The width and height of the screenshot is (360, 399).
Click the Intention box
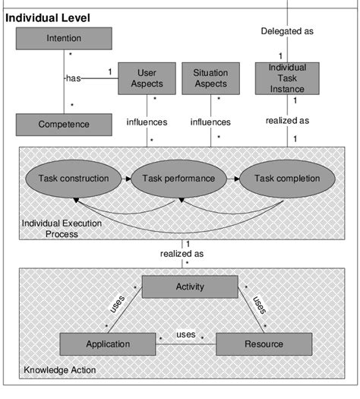coord(64,39)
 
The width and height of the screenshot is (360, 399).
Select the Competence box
coord(64,124)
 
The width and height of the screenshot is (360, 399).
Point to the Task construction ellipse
coord(74,179)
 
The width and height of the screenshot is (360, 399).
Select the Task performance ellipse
coord(180,179)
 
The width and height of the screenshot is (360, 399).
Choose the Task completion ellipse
coord(286,179)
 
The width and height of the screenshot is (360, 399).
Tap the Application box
coord(107,344)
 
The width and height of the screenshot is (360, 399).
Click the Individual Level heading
coord(48,17)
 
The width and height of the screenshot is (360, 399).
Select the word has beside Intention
coord(73,77)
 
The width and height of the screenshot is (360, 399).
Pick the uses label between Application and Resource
coord(186,334)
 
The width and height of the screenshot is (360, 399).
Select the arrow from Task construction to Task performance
coord(126,179)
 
